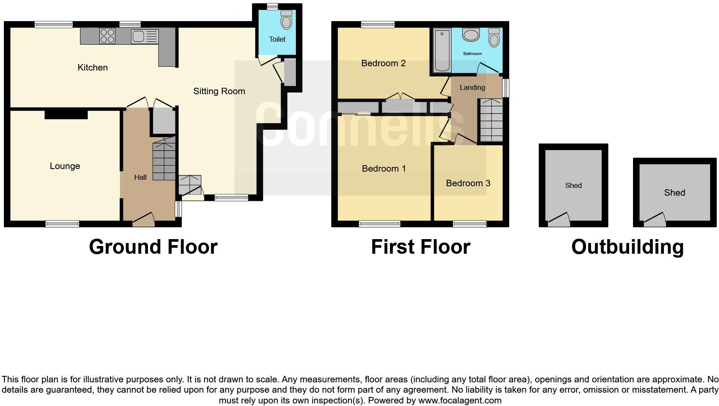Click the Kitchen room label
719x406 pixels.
click(x=92, y=68)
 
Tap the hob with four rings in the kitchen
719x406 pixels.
click(x=107, y=36)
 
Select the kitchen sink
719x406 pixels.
click(x=138, y=37)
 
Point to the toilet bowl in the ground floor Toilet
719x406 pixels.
click(x=286, y=20)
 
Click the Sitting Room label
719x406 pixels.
click(x=219, y=91)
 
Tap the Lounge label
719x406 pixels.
click(x=65, y=166)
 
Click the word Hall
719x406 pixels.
click(x=140, y=177)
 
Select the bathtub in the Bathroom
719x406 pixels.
click(x=442, y=50)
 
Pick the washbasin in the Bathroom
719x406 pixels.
click(x=471, y=35)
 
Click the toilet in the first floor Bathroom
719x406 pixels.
click(x=494, y=38)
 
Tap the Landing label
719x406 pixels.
click(x=472, y=87)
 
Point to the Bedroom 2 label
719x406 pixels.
click(x=383, y=63)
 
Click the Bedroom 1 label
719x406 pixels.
click(x=384, y=169)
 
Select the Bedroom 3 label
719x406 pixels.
click(x=468, y=183)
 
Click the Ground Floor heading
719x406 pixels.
click(x=153, y=247)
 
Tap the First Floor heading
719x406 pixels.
click(x=420, y=247)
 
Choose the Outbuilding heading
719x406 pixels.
click(x=627, y=247)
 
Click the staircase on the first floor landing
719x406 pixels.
click(x=491, y=120)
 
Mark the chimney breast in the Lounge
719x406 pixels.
click(x=66, y=114)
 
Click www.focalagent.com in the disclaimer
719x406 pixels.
click(x=460, y=400)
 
